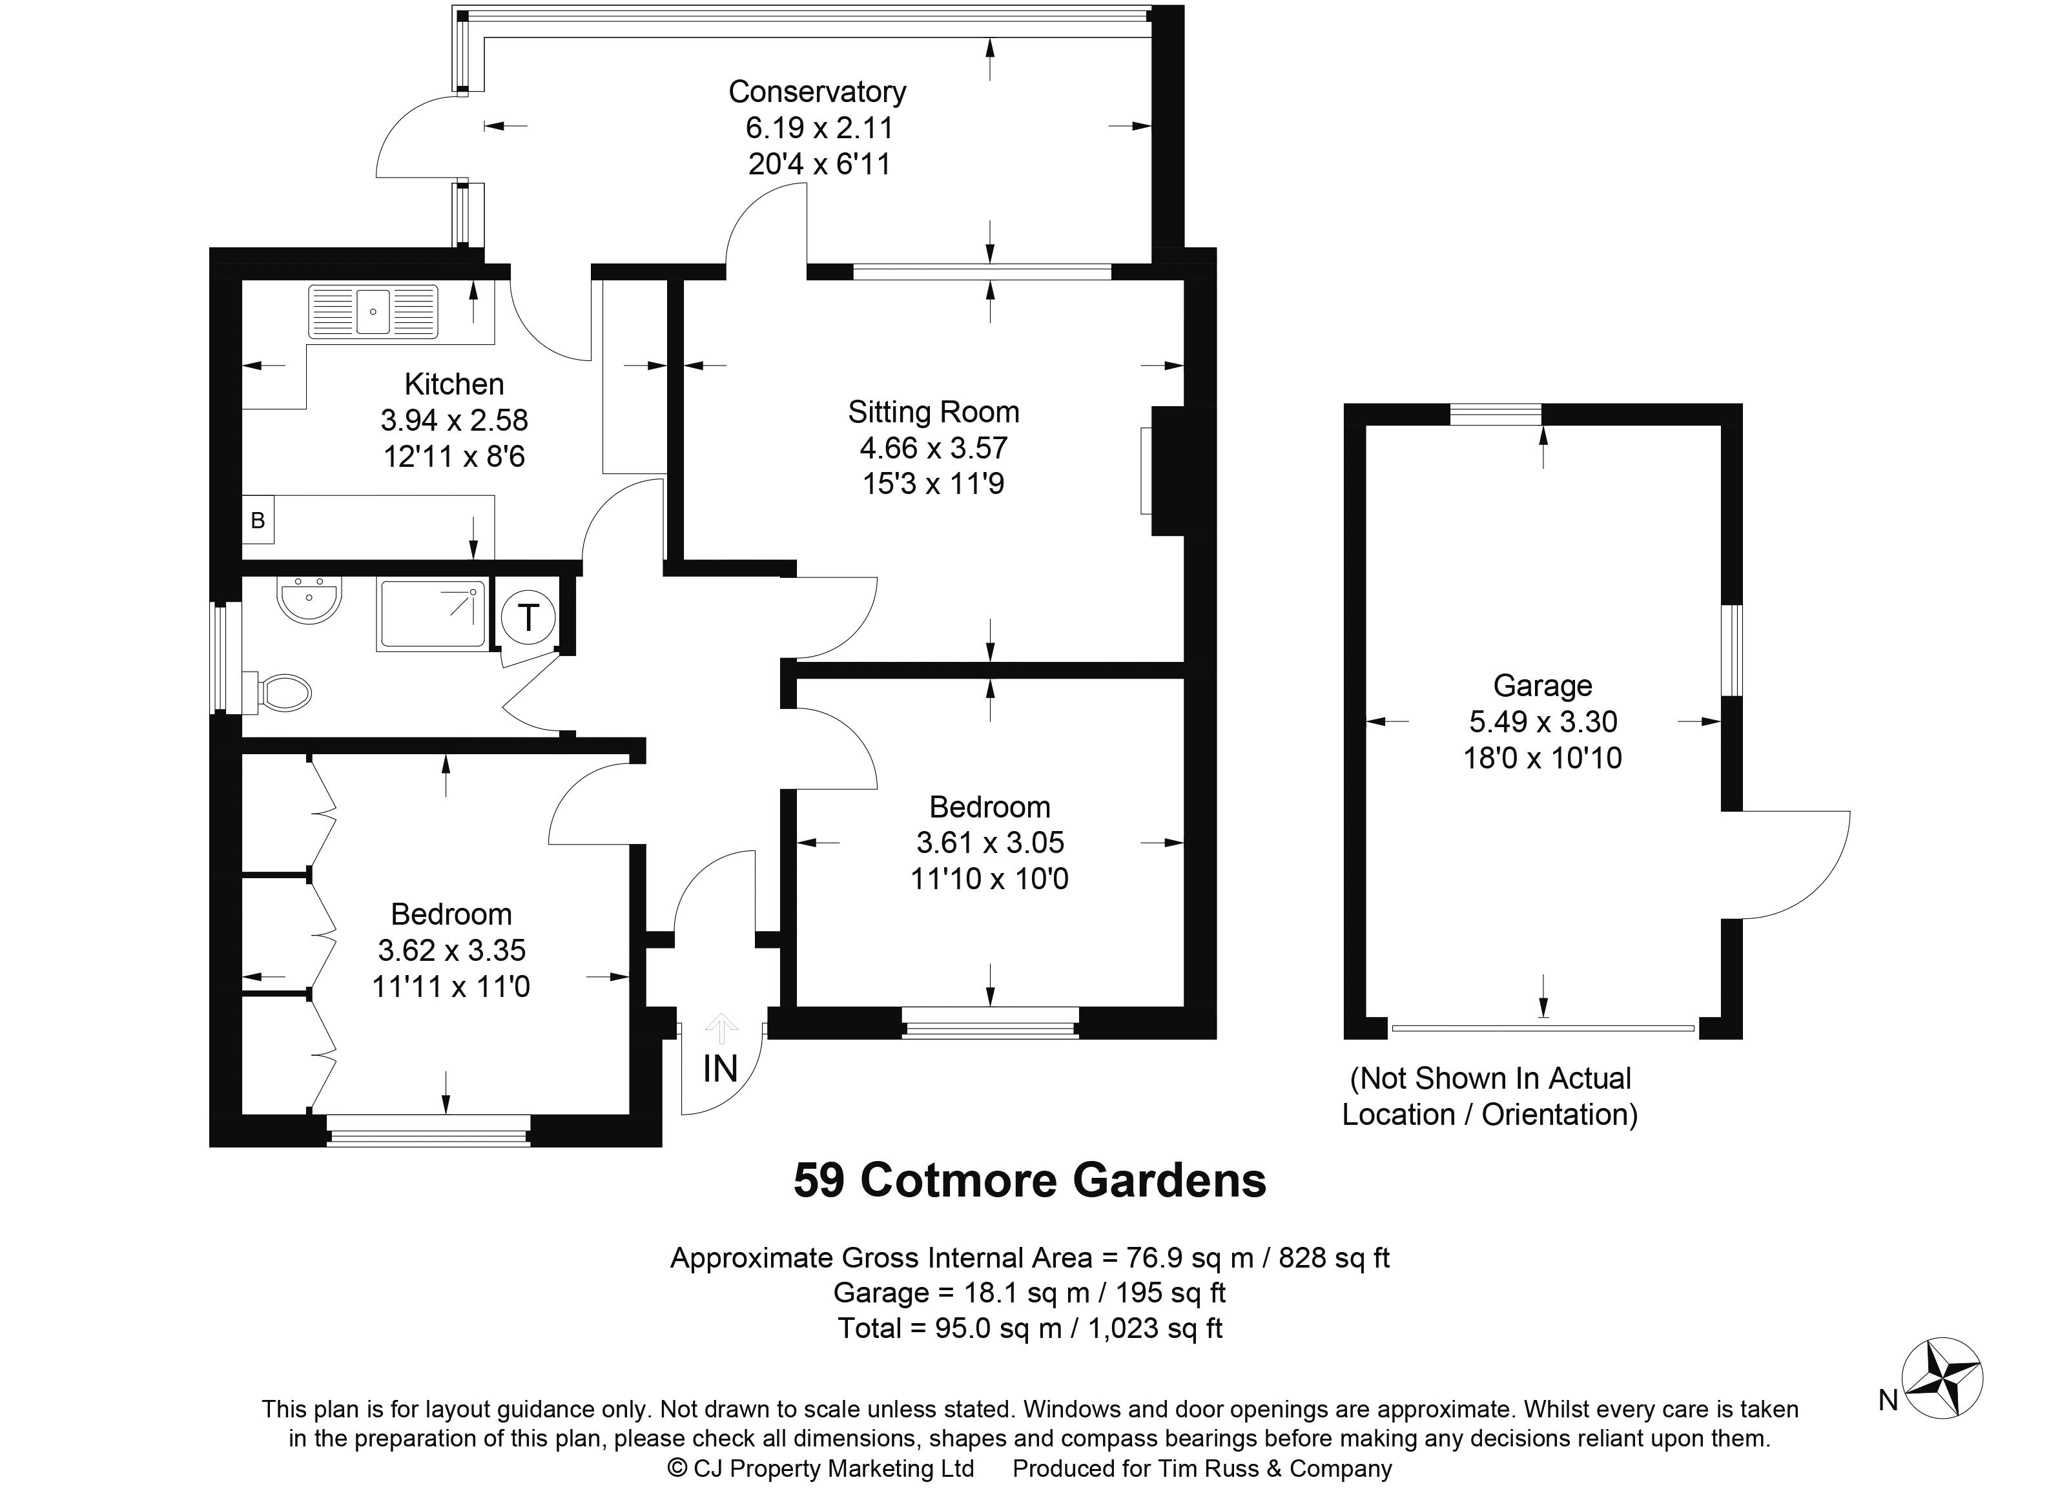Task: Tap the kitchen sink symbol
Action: pos(373,311)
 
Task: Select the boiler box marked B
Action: pos(258,520)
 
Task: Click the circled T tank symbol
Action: pos(528,617)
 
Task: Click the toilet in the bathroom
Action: pos(284,693)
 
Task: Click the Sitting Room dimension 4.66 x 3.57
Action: pos(933,447)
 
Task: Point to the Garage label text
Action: pos(1542,686)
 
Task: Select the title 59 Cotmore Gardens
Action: pos(1030,1180)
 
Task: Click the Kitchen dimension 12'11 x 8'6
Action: pos(454,456)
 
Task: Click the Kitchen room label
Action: pos(454,384)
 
